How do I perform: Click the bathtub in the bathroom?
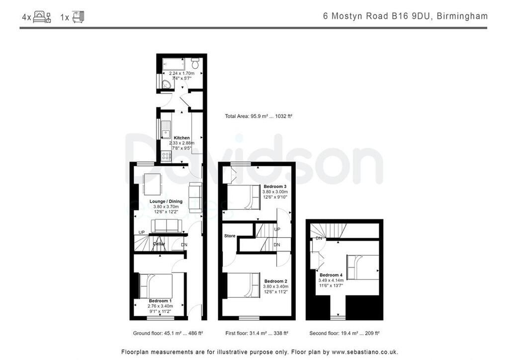coord(173,65)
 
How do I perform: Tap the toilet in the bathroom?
coord(195,64)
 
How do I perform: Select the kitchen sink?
coord(165,129)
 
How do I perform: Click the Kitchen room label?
coord(181,138)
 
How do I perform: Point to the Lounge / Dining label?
coord(166,201)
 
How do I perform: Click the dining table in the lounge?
coord(152,184)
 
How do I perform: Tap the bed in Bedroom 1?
coord(155,286)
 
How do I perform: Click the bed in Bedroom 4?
coord(362,267)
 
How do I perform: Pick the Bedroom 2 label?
coord(275,281)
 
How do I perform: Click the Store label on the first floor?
coord(230,236)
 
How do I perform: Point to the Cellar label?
coord(159,244)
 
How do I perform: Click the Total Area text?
coord(258,116)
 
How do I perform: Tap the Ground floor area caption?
coord(168,333)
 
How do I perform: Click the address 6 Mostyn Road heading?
coord(405,16)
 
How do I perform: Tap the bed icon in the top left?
coord(42,17)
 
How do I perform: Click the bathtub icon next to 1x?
coord(78,17)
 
